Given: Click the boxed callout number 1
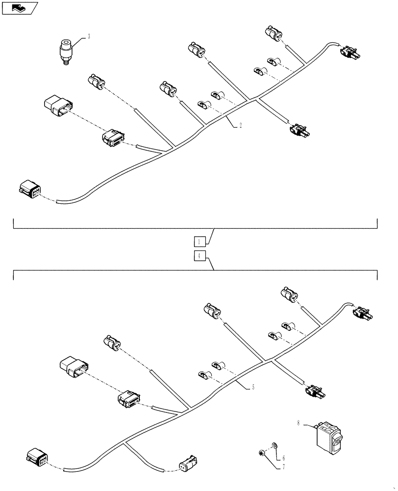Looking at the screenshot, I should [199, 241].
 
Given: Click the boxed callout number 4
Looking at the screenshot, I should [199, 255].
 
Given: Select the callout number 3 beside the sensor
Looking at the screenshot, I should [89, 36].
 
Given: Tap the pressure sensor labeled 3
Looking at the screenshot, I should [65, 50].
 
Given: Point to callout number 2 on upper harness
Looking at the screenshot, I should [241, 125].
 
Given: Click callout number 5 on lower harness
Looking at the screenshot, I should [253, 387].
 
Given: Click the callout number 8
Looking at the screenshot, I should [299, 422].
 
